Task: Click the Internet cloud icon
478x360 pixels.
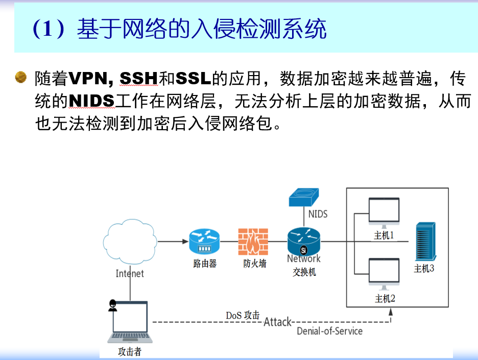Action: (130, 242)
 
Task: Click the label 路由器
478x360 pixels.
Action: (205, 264)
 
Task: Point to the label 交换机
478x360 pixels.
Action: (304, 272)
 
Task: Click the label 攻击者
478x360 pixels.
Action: (129, 352)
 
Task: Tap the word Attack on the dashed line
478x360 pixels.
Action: (277, 322)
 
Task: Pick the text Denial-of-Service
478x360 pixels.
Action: (330, 331)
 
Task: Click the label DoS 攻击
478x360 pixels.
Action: (243, 315)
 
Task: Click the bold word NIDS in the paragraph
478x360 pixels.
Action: (91, 101)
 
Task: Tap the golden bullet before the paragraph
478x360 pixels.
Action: (20, 77)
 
